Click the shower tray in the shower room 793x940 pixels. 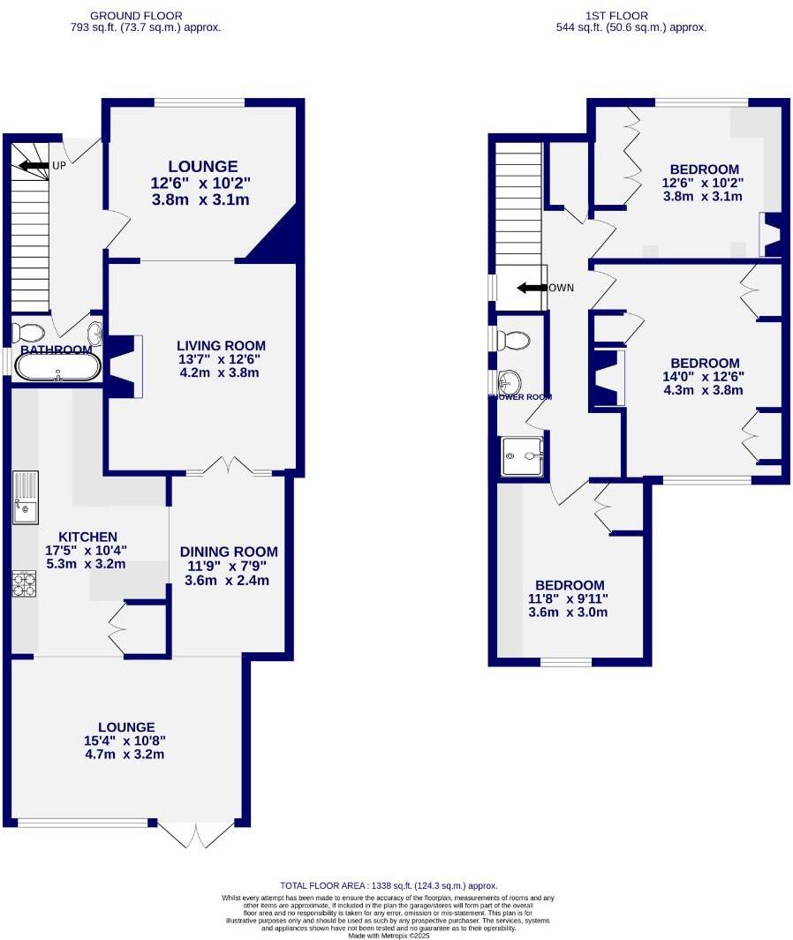(523, 456)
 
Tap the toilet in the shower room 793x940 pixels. (512, 340)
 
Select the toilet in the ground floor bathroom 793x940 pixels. (30, 332)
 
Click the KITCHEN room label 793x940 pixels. (87, 537)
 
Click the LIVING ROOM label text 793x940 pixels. (221, 346)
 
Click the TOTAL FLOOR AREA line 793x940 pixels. (389, 885)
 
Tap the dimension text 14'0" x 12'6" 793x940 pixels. (704, 376)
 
